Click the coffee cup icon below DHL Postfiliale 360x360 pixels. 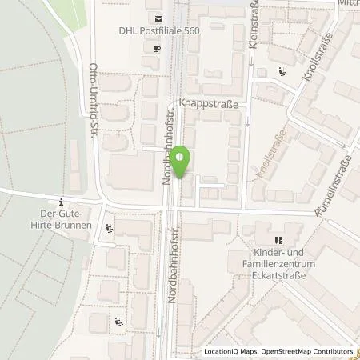coord(157,47)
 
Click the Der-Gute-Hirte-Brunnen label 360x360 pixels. coord(66,220)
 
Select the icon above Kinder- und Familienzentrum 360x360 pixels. coord(278,239)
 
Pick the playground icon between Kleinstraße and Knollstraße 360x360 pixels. coord(282,72)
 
